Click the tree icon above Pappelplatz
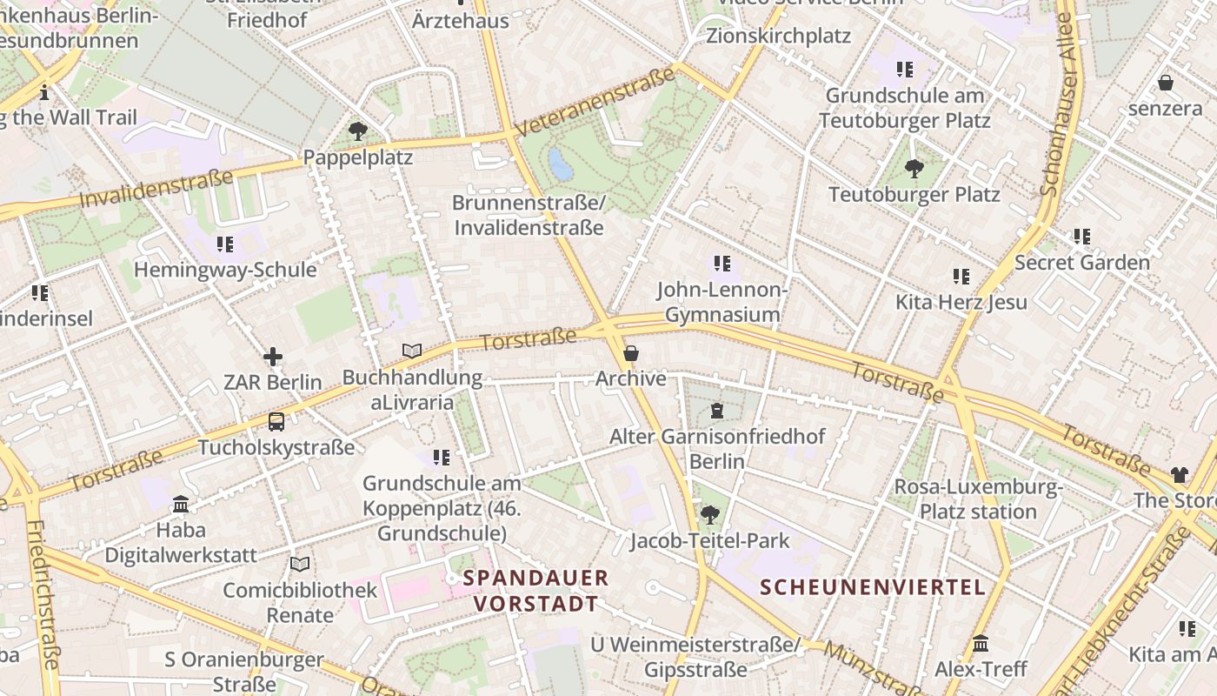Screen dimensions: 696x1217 (357, 131)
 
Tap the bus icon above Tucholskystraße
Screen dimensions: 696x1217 (276, 422)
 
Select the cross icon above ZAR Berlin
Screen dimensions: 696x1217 (273, 356)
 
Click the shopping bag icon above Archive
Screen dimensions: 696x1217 (631, 353)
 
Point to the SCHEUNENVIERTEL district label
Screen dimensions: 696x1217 (873, 587)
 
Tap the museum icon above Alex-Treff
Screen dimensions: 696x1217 (981, 644)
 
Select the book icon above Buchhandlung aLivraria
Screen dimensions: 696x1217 (412, 351)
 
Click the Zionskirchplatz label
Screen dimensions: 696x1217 (778, 37)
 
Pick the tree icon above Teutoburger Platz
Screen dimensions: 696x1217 (914, 168)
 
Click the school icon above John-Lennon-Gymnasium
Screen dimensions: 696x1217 (722, 263)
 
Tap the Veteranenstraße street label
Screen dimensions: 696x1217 (595, 102)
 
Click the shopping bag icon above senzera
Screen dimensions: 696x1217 (1165, 83)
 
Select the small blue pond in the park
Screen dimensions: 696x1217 (561, 164)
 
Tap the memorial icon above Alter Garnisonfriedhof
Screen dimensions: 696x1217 (717, 411)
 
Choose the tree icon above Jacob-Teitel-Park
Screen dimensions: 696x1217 (709, 515)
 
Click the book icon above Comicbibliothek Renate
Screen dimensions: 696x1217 (300, 564)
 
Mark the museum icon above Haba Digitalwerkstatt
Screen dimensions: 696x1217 (181, 504)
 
